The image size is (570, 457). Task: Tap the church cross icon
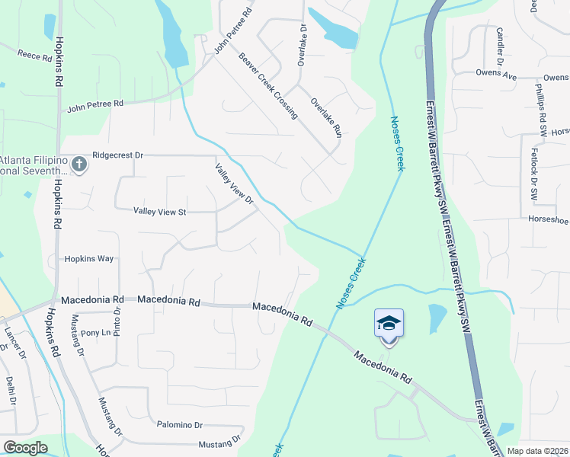coord(79,164)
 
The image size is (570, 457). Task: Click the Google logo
coord(25,448)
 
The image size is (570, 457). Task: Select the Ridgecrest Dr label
coord(117,155)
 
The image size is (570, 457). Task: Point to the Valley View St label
coord(160,211)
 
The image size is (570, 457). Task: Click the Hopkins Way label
coord(88,259)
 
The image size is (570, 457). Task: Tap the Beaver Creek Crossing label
coord(267,85)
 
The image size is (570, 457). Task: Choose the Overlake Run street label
coord(326,117)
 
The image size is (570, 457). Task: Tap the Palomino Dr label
coord(179,425)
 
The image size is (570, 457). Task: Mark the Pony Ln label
coord(95,333)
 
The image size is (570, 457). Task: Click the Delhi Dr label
coord(11,388)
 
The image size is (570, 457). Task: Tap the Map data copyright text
coord(536,451)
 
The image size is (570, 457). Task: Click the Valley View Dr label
coord(234,184)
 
